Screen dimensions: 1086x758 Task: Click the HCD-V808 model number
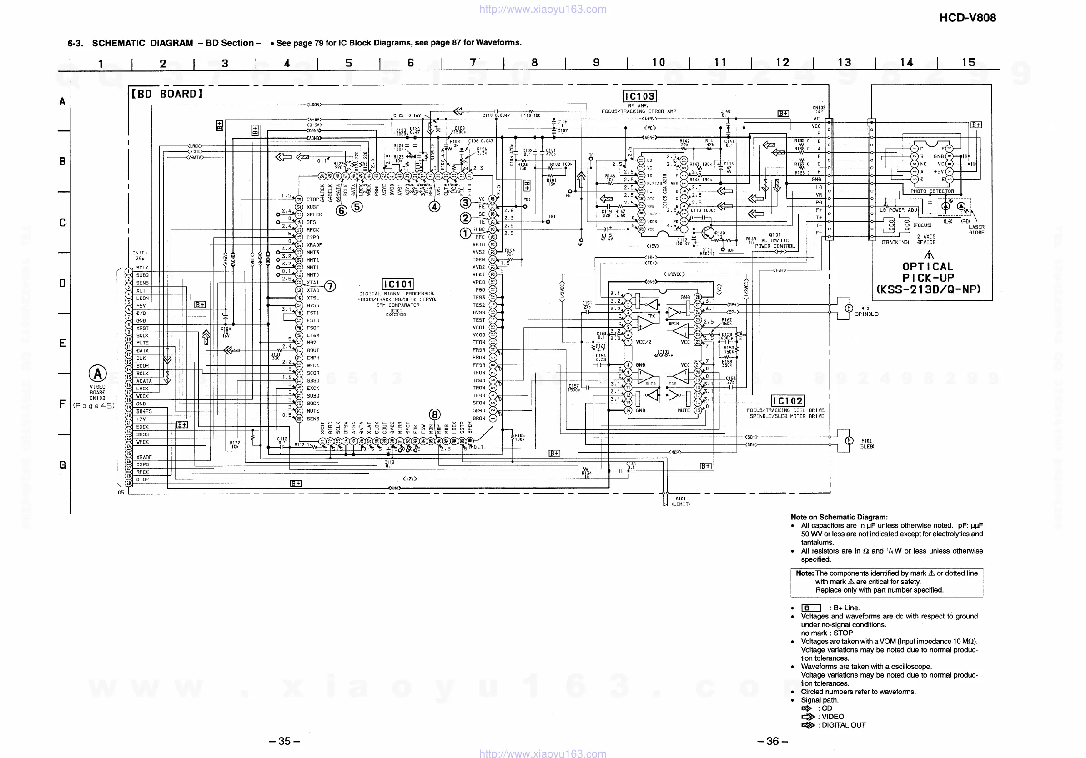pyautogui.click(x=967, y=18)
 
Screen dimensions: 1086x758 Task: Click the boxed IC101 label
pyautogui.click(x=398, y=284)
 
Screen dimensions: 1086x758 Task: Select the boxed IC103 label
pyautogui.click(x=640, y=96)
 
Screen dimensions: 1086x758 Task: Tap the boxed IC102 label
pyautogui.click(x=788, y=401)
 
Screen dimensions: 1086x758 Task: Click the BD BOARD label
pyautogui.click(x=167, y=94)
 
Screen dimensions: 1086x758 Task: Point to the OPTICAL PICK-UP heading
pyautogui.click(x=928, y=278)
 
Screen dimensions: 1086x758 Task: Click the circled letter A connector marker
pyautogui.click(x=97, y=374)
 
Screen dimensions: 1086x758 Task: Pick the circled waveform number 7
pyautogui.click(x=330, y=286)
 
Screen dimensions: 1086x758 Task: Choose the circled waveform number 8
pyautogui.click(x=435, y=414)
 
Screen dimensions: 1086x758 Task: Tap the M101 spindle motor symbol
pyautogui.click(x=849, y=309)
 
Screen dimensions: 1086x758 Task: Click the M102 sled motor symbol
pyautogui.click(x=849, y=441)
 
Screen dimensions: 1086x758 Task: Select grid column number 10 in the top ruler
pyautogui.click(x=658, y=63)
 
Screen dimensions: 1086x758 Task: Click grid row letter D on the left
pyautogui.click(x=62, y=284)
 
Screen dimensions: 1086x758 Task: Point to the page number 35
pyautogui.click(x=284, y=741)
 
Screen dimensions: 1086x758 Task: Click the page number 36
pyautogui.click(x=772, y=741)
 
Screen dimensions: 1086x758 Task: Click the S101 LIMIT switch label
pyautogui.click(x=681, y=501)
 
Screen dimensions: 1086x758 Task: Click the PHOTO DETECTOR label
pyautogui.click(x=932, y=191)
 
